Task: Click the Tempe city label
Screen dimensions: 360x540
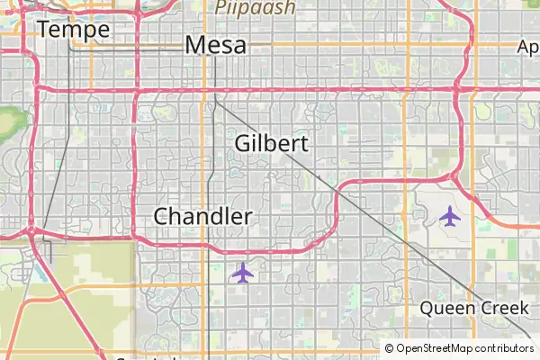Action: coord(74,30)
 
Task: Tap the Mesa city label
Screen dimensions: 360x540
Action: coord(215,45)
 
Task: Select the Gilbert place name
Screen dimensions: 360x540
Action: coord(271,143)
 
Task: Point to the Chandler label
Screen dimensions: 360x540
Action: coord(202,216)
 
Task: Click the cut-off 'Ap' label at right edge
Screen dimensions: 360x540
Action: coord(528,47)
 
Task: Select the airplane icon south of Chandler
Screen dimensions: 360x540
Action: coord(242,272)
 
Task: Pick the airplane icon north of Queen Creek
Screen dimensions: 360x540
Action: coord(449,216)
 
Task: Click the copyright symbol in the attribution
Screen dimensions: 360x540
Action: coord(390,348)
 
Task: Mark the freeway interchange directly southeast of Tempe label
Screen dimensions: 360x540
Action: coord(136,91)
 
